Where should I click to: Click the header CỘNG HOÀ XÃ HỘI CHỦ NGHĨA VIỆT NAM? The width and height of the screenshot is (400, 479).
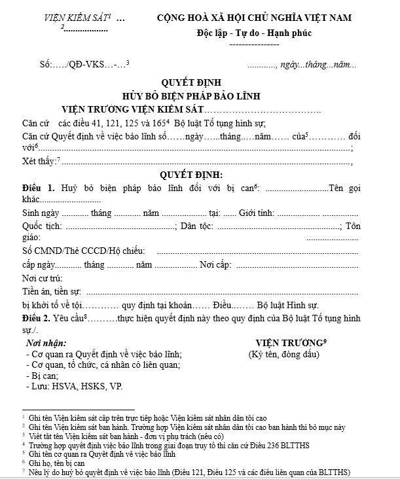[263, 18]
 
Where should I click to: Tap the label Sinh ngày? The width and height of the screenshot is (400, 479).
[41, 213]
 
